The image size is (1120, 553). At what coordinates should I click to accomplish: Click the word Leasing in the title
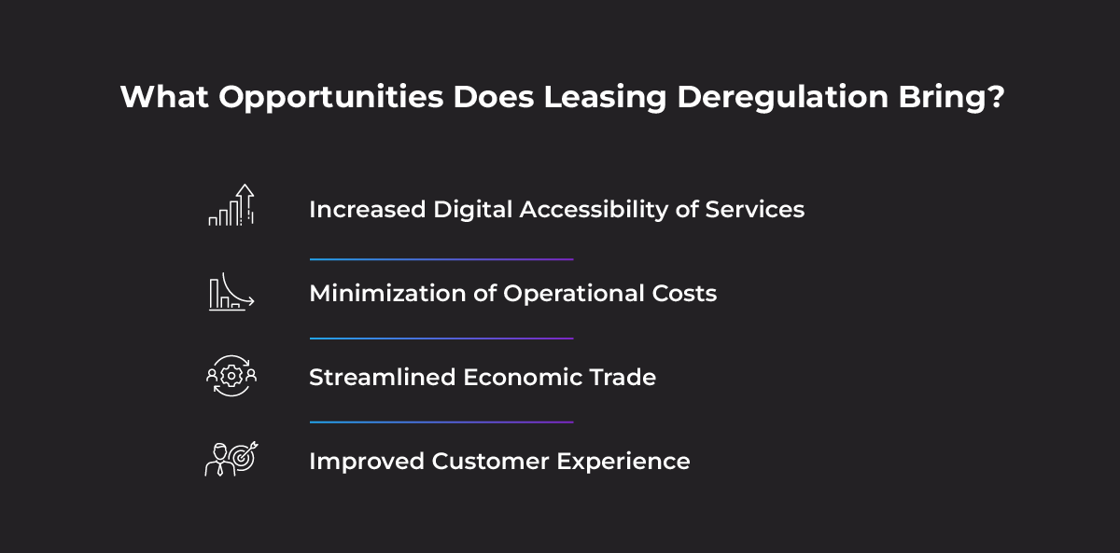click(605, 97)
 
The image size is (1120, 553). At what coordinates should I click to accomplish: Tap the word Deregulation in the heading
click(782, 97)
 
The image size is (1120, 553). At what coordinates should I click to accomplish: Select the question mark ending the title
click(995, 96)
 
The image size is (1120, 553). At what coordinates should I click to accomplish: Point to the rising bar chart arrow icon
click(231, 205)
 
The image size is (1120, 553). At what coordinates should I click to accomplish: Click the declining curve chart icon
click(231, 292)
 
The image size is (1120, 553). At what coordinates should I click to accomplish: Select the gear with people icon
click(231, 376)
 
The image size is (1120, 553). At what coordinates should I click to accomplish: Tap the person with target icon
click(231, 459)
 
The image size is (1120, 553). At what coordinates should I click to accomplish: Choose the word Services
click(754, 209)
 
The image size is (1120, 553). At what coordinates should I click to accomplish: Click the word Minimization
click(387, 293)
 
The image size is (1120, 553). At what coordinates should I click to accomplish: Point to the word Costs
click(684, 293)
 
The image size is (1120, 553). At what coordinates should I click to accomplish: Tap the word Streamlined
click(382, 377)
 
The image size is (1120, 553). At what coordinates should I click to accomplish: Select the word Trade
click(623, 377)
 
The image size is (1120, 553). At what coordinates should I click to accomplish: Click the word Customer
click(490, 461)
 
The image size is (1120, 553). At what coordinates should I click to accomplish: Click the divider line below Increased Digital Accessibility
click(441, 259)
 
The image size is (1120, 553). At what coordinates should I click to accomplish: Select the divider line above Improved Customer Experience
click(441, 422)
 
